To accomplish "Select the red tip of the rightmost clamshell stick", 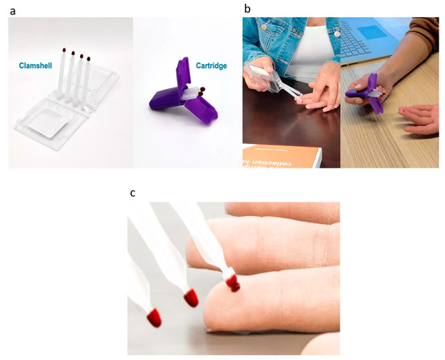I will click(88, 58).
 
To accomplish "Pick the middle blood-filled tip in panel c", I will click(192, 298).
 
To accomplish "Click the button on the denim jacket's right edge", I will click(331, 38).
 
